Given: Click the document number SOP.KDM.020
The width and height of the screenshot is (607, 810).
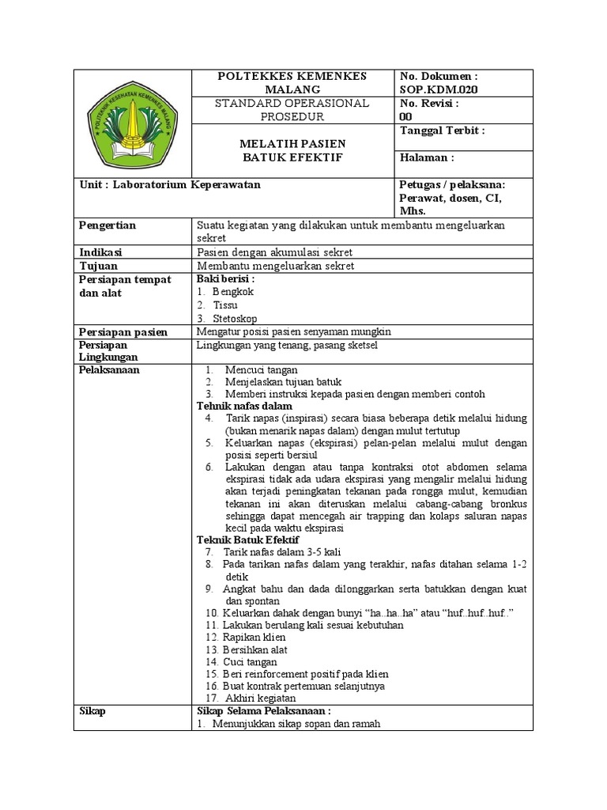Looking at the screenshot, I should tap(439, 89).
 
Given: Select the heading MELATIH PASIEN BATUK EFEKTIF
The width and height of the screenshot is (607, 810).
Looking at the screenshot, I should tap(292, 150).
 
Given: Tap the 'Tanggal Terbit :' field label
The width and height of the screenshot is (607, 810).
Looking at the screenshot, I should tap(443, 131).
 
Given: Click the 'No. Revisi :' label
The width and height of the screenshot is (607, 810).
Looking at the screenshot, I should tap(430, 103).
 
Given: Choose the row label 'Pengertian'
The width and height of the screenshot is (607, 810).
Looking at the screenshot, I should tap(107, 225).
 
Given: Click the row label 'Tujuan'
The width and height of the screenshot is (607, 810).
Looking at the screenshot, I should tap(99, 266).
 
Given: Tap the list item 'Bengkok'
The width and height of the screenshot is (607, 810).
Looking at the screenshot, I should tap(233, 292).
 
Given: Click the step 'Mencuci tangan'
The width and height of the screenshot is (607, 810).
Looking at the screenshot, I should tap(261, 369).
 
